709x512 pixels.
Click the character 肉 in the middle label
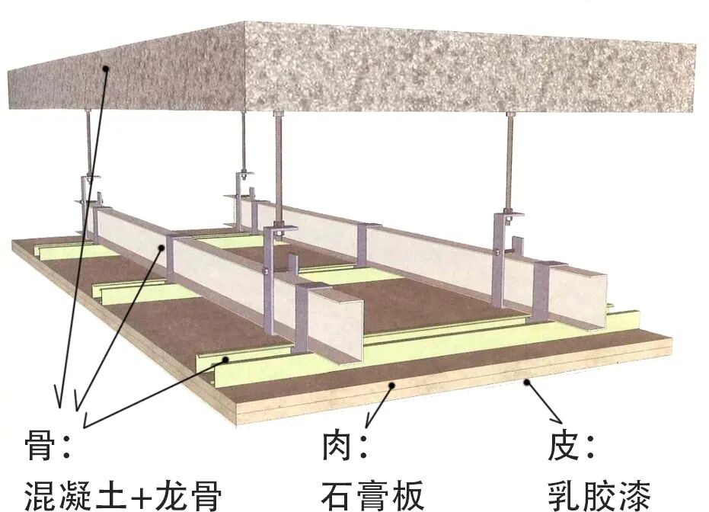point(334,446)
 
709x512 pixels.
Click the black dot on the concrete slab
point(107,69)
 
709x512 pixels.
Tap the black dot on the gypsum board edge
point(392,386)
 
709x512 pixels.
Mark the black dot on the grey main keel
point(163,248)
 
